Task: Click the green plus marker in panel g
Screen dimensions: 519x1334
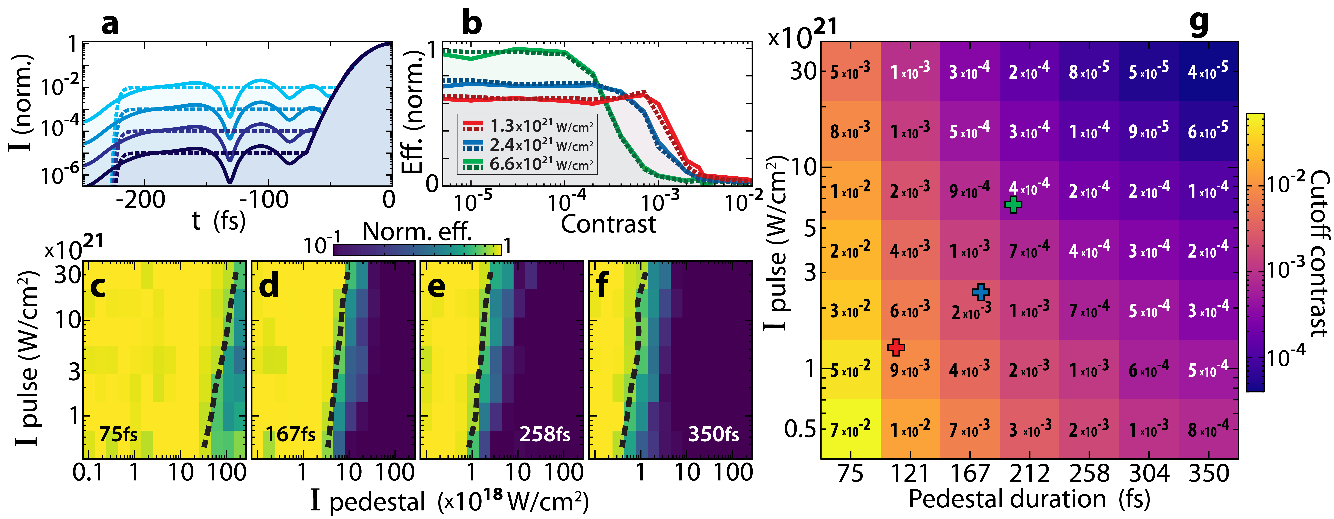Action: click(x=1013, y=205)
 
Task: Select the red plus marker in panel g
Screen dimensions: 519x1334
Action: click(x=896, y=347)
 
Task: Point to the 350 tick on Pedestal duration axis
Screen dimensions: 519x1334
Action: click(x=1209, y=474)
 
